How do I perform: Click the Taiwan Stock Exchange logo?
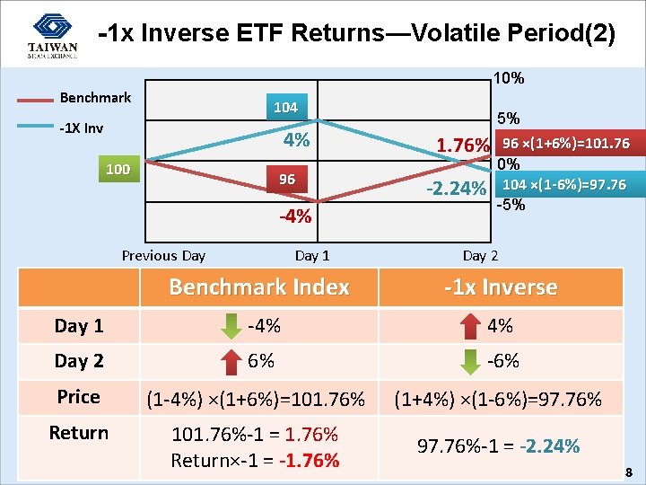click(51, 36)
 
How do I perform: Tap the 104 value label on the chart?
click(285, 107)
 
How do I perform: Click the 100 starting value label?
click(117, 169)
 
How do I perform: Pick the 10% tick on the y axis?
click(509, 78)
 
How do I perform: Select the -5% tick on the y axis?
click(511, 203)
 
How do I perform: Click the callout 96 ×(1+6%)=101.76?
click(565, 144)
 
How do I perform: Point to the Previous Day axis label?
click(163, 255)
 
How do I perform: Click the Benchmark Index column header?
click(259, 287)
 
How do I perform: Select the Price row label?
click(79, 397)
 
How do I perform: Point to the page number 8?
click(629, 472)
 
